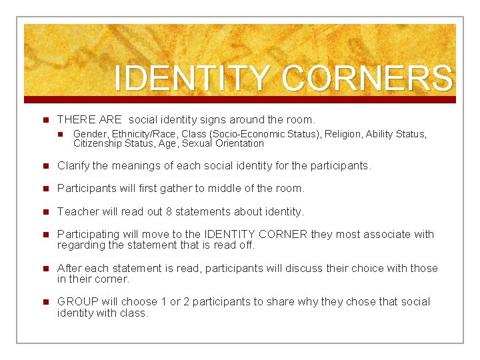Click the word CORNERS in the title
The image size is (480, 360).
367,78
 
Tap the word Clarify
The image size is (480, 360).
74,165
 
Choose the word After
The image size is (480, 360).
70,268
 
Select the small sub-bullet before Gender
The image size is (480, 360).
62,135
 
